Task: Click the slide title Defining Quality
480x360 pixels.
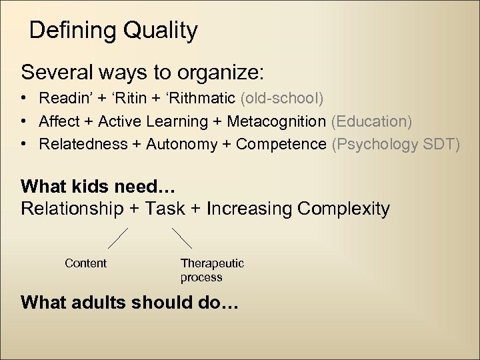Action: pyautogui.click(x=113, y=31)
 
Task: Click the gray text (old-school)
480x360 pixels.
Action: pyautogui.click(x=282, y=99)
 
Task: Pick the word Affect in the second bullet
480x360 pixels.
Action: pyautogui.click(x=57, y=121)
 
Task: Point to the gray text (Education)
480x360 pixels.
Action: pyautogui.click(x=371, y=121)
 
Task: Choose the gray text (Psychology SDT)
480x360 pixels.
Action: pyautogui.click(x=395, y=144)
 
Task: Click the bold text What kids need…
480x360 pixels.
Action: pyautogui.click(x=93, y=185)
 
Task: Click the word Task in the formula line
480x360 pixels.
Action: pyautogui.click(x=165, y=209)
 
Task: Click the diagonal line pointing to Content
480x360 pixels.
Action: pyautogui.click(x=118, y=238)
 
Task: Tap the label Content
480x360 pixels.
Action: pyautogui.click(x=85, y=263)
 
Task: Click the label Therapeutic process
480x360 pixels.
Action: pyautogui.click(x=212, y=270)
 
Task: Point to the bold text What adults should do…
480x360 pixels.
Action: pyautogui.click(x=129, y=302)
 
